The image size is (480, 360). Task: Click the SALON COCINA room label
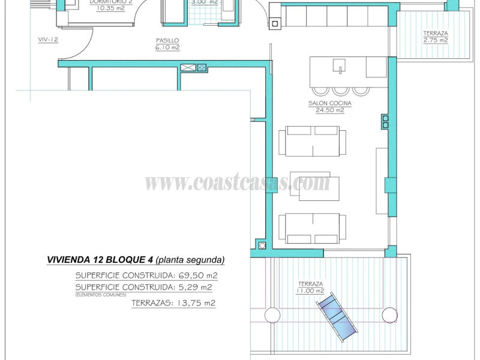[x=329, y=103]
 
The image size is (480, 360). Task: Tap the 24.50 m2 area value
[x=329, y=110]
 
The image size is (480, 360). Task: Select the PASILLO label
[x=167, y=40]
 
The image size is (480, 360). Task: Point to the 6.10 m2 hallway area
[x=167, y=47]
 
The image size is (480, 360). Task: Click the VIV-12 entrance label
[x=47, y=40]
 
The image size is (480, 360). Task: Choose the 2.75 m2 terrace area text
[x=435, y=40]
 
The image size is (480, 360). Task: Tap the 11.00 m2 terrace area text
[x=310, y=290]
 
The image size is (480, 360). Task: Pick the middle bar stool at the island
[x=341, y=91]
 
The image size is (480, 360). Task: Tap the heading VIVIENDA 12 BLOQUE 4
[x=100, y=260]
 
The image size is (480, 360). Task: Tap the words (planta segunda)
[x=190, y=260]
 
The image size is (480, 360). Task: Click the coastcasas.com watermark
[x=238, y=182]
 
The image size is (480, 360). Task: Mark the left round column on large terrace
[x=272, y=314]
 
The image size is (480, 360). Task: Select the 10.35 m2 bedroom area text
[x=111, y=9]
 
